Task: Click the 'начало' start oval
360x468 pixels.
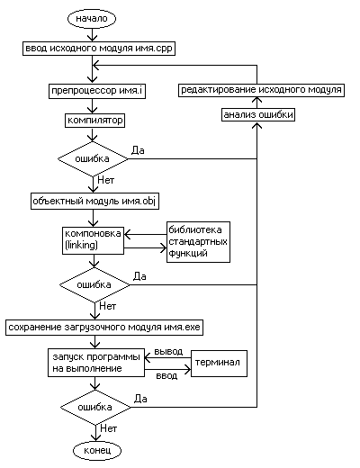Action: (x=92, y=19)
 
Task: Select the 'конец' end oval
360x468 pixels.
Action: (x=97, y=450)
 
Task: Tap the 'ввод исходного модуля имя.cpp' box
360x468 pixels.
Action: (x=99, y=49)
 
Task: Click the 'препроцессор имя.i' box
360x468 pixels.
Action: (x=97, y=91)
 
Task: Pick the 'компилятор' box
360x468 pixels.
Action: (x=95, y=121)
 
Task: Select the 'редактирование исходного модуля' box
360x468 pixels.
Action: (x=261, y=90)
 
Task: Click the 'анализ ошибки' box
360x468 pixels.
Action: (x=258, y=115)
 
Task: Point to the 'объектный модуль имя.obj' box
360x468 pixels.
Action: (x=94, y=202)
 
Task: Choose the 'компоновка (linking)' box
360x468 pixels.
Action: (x=93, y=241)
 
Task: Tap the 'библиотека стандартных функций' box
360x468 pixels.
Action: (x=199, y=242)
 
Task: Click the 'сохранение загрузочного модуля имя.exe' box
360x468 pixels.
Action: (x=104, y=328)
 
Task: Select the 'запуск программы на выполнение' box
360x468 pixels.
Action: (x=96, y=363)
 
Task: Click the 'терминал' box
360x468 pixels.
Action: (x=219, y=364)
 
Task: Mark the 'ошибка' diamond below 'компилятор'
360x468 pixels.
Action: (x=93, y=159)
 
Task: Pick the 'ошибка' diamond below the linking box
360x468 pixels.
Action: (x=94, y=285)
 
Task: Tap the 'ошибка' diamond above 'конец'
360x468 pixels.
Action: (x=95, y=408)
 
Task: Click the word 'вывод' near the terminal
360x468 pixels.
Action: (x=168, y=351)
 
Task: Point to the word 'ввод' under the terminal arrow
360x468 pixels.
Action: (x=166, y=375)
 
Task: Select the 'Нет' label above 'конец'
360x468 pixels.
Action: (x=109, y=428)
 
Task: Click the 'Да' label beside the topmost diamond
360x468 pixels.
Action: (x=138, y=150)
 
